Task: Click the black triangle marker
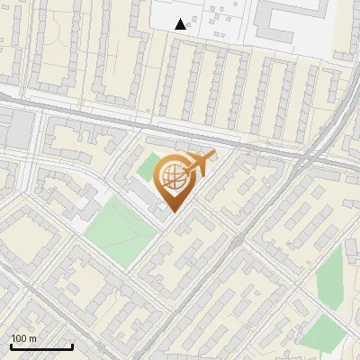click(x=181, y=24)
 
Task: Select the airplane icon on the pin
click(x=200, y=164)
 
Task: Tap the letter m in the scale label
click(x=33, y=338)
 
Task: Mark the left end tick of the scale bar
click(x=11, y=346)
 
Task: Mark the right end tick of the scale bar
click(x=72, y=346)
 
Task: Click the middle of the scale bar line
click(x=41, y=347)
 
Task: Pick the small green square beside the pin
click(x=148, y=168)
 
